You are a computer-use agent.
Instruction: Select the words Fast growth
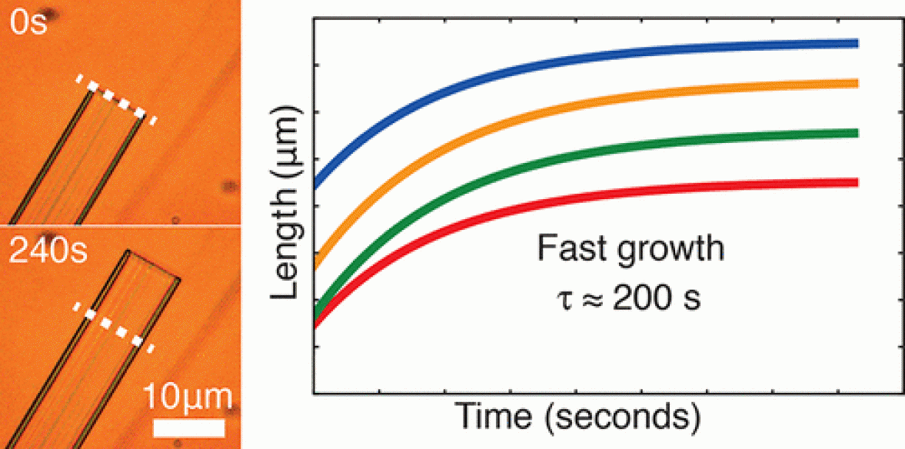630,251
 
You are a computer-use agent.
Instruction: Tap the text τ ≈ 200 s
630,298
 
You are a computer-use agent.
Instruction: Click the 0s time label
28,23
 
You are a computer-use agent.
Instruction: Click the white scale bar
188,427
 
